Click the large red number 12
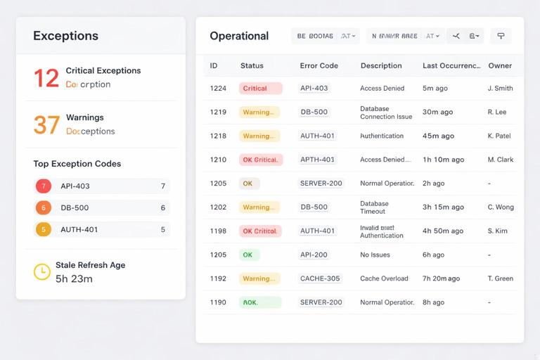click(x=46, y=77)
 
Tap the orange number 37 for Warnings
click(x=46, y=124)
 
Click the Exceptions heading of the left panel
click(x=65, y=36)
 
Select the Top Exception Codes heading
click(x=77, y=164)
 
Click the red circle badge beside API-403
click(x=44, y=186)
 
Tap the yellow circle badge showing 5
click(x=44, y=229)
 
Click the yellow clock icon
click(x=42, y=271)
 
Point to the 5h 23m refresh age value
click(x=74, y=279)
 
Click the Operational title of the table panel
click(x=239, y=36)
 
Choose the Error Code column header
click(x=319, y=65)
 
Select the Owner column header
click(x=500, y=65)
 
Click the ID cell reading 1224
click(x=218, y=89)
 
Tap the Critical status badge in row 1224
click(x=260, y=89)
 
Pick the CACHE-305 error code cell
click(x=320, y=278)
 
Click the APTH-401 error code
click(x=317, y=160)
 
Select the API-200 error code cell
click(x=314, y=255)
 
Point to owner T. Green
click(x=500, y=278)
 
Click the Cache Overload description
click(x=384, y=278)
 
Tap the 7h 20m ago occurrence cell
click(x=441, y=278)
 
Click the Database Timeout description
click(x=374, y=207)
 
